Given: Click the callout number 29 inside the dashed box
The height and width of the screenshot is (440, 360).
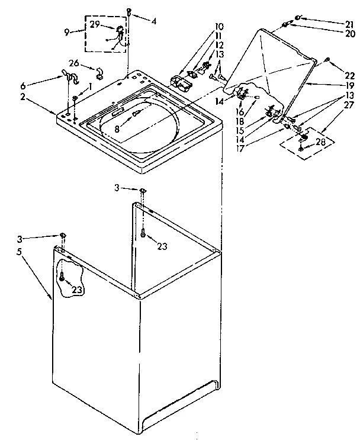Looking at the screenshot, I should [95, 24].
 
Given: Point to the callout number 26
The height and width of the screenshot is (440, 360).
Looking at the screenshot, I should [74, 63].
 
